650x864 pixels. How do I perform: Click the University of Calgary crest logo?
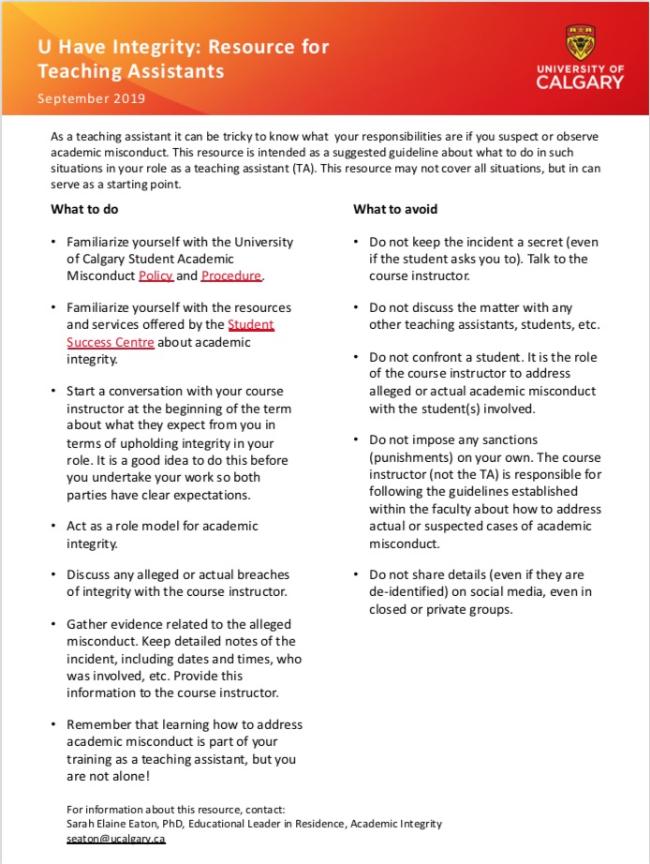tap(579, 42)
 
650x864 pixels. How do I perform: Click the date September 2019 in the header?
tap(91, 97)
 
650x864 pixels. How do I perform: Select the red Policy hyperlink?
tap(155, 276)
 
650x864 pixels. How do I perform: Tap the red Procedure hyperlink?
tap(231, 276)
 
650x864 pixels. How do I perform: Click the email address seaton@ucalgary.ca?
tap(115, 839)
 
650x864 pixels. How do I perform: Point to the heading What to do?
tap(84, 209)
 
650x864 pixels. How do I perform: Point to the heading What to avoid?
tap(395, 209)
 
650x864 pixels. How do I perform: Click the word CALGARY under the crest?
tap(579, 82)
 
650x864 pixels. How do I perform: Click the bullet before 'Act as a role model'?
tap(55, 527)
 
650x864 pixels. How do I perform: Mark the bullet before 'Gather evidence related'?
tap(55, 624)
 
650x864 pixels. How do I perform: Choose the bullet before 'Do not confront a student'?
tap(358, 358)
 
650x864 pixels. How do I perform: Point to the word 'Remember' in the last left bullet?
tap(97, 724)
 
